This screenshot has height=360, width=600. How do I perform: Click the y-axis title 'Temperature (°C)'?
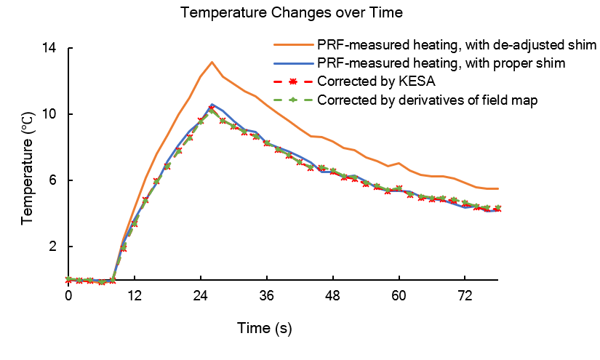coord(28,164)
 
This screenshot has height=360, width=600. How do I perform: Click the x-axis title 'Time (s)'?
coord(264,329)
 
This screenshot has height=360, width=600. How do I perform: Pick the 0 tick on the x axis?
coord(68,296)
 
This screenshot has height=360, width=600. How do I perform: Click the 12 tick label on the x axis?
coord(134,296)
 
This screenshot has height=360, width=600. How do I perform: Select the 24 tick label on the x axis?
coord(200,296)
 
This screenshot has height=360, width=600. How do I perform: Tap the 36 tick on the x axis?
coord(266,296)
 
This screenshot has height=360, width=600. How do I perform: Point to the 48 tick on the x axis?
coord(332,296)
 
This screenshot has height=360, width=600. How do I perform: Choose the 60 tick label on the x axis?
coord(399,296)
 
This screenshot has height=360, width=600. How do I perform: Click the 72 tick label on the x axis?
coord(465,296)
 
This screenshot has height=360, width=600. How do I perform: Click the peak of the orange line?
coord(212,62)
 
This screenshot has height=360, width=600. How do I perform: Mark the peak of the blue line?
coord(212,104)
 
